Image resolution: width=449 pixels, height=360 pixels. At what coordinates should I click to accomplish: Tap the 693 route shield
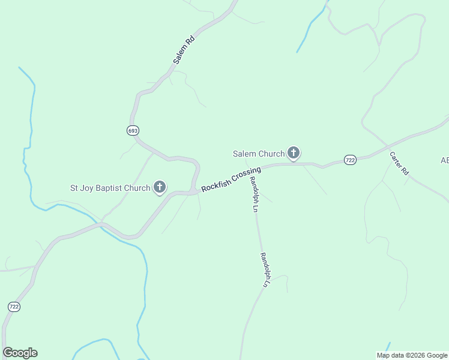(x=133, y=130)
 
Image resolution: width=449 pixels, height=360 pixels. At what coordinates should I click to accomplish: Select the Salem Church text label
(x=259, y=154)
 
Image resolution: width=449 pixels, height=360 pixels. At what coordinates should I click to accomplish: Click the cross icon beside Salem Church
(x=294, y=154)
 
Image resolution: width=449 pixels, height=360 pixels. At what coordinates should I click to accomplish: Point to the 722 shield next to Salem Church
(x=351, y=159)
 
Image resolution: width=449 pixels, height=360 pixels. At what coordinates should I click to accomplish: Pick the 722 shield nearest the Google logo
(x=14, y=307)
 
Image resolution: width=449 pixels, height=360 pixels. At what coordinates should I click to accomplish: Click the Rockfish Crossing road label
(x=231, y=179)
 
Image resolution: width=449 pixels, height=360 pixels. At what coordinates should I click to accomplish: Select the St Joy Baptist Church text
(x=110, y=188)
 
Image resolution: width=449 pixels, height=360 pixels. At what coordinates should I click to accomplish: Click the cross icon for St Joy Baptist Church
(x=160, y=188)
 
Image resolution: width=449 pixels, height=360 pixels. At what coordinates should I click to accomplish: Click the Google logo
(x=20, y=353)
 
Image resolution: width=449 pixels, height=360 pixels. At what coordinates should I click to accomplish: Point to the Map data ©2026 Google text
(x=412, y=355)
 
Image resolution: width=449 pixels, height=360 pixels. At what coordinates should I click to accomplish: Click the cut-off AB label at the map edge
(x=445, y=160)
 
